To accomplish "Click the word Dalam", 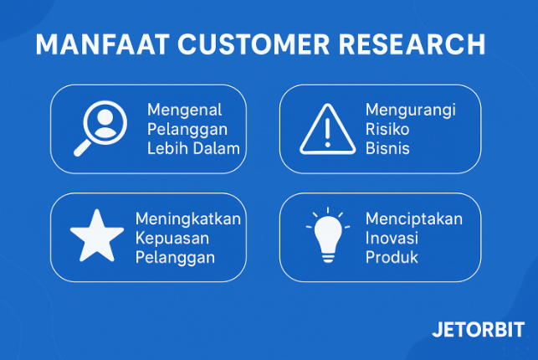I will [x=217, y=149].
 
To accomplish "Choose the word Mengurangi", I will [x=410, y=111].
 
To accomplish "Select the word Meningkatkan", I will [x=188, y=219].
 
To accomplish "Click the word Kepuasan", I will [x=171, y=238].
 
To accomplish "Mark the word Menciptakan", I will [x=413, y=219].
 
